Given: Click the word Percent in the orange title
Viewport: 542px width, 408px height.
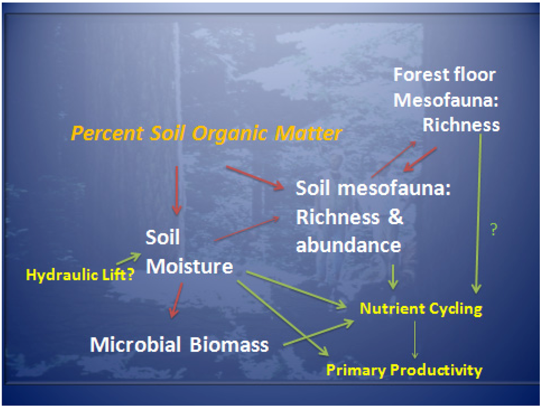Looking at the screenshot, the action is (x=107, y=134).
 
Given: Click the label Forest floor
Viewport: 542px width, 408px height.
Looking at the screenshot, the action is (x=445, y=75).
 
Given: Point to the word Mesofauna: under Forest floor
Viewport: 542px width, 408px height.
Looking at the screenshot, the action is (x=446, y=100).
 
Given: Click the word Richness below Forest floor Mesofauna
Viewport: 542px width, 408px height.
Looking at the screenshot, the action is (x=461, y=125).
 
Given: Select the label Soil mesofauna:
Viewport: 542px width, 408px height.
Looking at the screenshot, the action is (x=373, y=189).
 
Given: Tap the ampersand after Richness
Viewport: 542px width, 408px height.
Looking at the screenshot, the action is (x=395, y=217).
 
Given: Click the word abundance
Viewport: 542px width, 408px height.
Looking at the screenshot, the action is (x=348, y=245).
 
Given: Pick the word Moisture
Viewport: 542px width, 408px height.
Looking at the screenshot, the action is (x=189, y=266).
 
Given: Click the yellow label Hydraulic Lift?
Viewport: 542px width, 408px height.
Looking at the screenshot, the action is (x=80, y=275).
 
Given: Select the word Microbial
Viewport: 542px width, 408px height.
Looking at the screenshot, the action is (x=135, y=345).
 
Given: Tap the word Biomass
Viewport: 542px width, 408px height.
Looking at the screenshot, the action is (x=229, y=345).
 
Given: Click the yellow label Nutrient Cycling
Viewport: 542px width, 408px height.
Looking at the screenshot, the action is (x=421, y=309).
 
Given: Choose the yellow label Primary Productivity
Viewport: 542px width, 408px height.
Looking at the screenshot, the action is (x=404, y=370).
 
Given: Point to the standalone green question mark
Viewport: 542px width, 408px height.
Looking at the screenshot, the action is (x=494, y=229).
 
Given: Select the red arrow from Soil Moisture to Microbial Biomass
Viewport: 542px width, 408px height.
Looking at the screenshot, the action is (x=176, y=300).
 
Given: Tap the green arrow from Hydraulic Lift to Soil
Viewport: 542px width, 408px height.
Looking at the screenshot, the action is (x=129, y=258).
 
